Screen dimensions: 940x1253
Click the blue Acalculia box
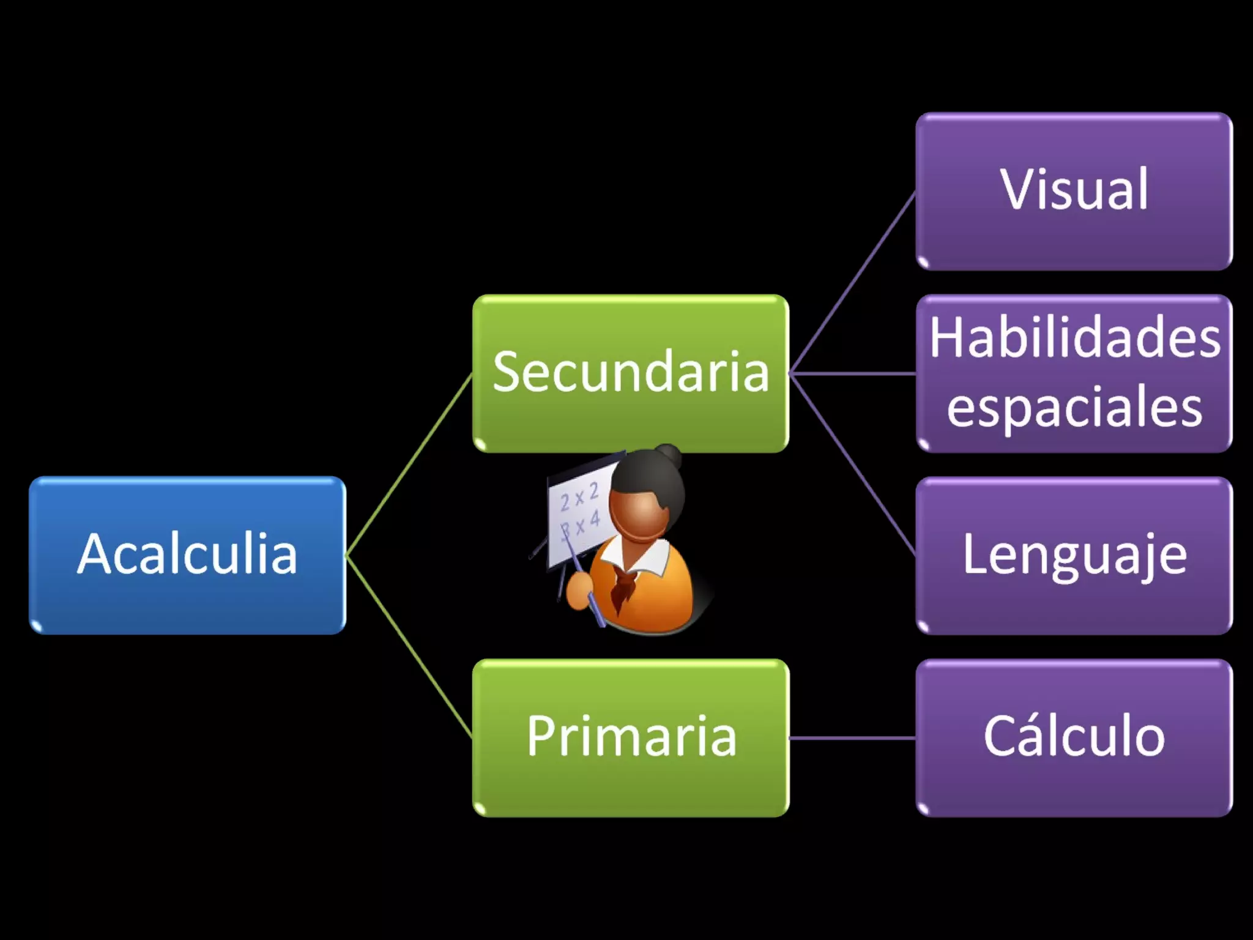point(187,555)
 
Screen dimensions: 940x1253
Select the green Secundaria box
point(630,373)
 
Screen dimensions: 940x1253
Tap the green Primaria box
point(630,737)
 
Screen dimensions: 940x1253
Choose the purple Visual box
point(1074,191)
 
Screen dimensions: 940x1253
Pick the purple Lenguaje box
point(1074,555)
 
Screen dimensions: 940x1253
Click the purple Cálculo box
point(1074,737)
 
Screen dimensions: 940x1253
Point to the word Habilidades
point(1074,338)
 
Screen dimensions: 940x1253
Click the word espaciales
point(1074,408)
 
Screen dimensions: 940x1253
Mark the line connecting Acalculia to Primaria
point(409,646)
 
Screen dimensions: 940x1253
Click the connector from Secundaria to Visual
point(852,283)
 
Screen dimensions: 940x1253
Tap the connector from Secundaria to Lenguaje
point(852,464)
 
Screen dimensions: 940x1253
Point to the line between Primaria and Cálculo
point(852,738)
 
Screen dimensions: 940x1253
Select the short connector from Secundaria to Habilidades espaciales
point(852,373)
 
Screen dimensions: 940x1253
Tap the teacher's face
point(639,514)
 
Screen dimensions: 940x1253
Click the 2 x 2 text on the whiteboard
point(579,497)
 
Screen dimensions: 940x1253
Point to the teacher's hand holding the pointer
point(578,590)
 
